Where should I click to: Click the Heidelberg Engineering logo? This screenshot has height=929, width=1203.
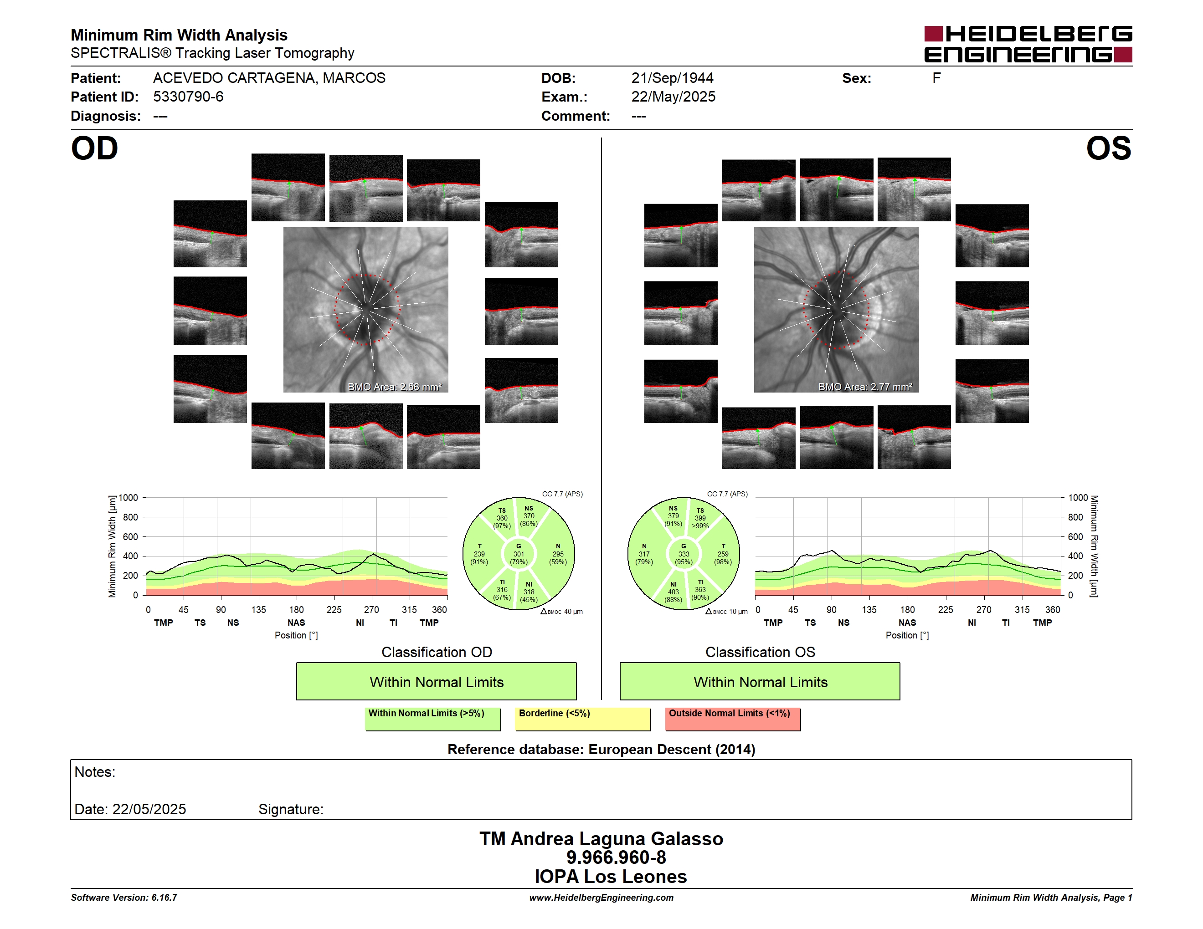pos(1028,44)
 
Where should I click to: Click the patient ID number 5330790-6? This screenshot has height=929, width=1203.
pos(188,97)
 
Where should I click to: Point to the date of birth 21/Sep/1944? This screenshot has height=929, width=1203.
pos(672,78)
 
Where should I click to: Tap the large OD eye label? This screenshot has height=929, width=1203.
pos(94,148)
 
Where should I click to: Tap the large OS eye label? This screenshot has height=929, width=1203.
pos(1108,148)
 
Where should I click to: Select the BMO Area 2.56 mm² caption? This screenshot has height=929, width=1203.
pos(394,387)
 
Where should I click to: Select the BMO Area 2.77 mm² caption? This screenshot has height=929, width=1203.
pos(865,387)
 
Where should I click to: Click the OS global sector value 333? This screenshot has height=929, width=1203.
pos(684,554)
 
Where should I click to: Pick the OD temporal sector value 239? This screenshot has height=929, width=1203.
pos(479,554)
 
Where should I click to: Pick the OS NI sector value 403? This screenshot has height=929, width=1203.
pos(673,592)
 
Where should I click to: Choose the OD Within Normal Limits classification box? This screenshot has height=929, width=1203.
pos(436,681)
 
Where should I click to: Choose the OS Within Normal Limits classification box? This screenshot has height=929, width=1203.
pos(760,681)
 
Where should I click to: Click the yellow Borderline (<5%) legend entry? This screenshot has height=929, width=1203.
pos(583,719)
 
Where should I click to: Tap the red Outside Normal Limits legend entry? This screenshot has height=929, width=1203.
pos(733,719)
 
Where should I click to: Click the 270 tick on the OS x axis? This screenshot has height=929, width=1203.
pos(984,610)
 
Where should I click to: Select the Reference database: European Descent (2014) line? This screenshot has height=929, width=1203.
pos(601,750)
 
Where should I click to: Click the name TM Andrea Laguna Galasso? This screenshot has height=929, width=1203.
pos(601,839)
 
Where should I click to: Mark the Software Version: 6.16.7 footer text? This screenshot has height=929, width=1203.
pos(124,898)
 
